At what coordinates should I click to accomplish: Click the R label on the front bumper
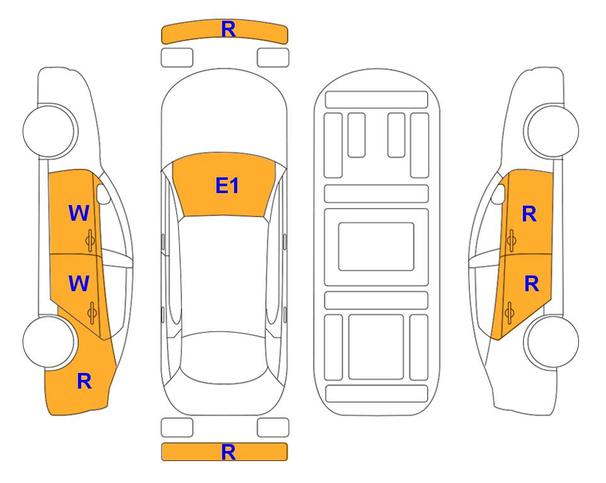pyautogui.click(x=228, y=29)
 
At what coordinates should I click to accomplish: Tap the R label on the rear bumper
pyautogui.click(x=228, y=452)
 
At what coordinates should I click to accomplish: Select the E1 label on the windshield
pyautogui.click(x=227, y=186)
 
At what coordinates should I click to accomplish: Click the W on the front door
pyautogui.click(x=79, y=213)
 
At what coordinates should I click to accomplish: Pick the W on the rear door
pyautogui.click(x=79, y=283)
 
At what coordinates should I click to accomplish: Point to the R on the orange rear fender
pyautogui.click(x=84, y=381)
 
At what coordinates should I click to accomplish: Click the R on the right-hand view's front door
pyautogui.click(x=529, y=214)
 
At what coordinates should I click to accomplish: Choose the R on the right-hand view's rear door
pyautogui.click(x=531, y=284)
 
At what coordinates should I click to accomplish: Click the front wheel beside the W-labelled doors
pyautogui.click(x=49, y=130)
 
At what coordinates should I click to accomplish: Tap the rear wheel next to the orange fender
pyautogui.click(x=49, y=341)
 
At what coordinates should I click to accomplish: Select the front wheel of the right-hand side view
pyautogui.click(x=551, y=131)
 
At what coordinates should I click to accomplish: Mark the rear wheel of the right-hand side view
pyautogui.click(x=551, y=342)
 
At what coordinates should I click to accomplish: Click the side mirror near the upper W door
pyautogui.click(x=103, y=194)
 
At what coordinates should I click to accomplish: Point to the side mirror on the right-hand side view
pyautogui.click(x=498, y=194)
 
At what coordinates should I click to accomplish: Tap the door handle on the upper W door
pyautogui.click(x=91, y=240)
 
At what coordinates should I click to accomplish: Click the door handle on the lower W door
pyautogui.click(x=92, y=313)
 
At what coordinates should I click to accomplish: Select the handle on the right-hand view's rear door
pyautogui.click(x=509, y=313)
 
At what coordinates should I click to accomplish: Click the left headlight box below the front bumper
pyautogui.click(x=177, y=58)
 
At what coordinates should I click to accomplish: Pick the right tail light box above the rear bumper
pyautogui.click(x=273, y=428)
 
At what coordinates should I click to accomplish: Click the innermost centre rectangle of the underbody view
pyautogui.click(x=376, y=247)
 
